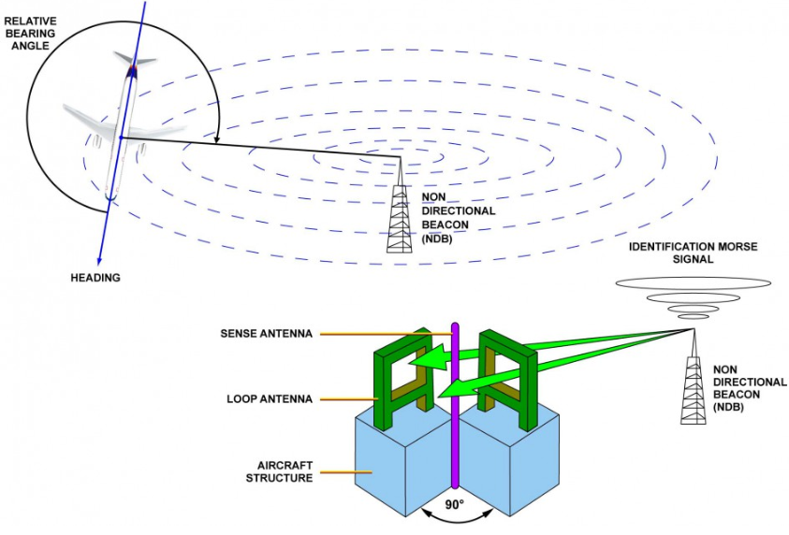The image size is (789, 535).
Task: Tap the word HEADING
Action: [x=95, y=278]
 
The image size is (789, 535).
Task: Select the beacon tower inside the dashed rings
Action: [x=400, y=210]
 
